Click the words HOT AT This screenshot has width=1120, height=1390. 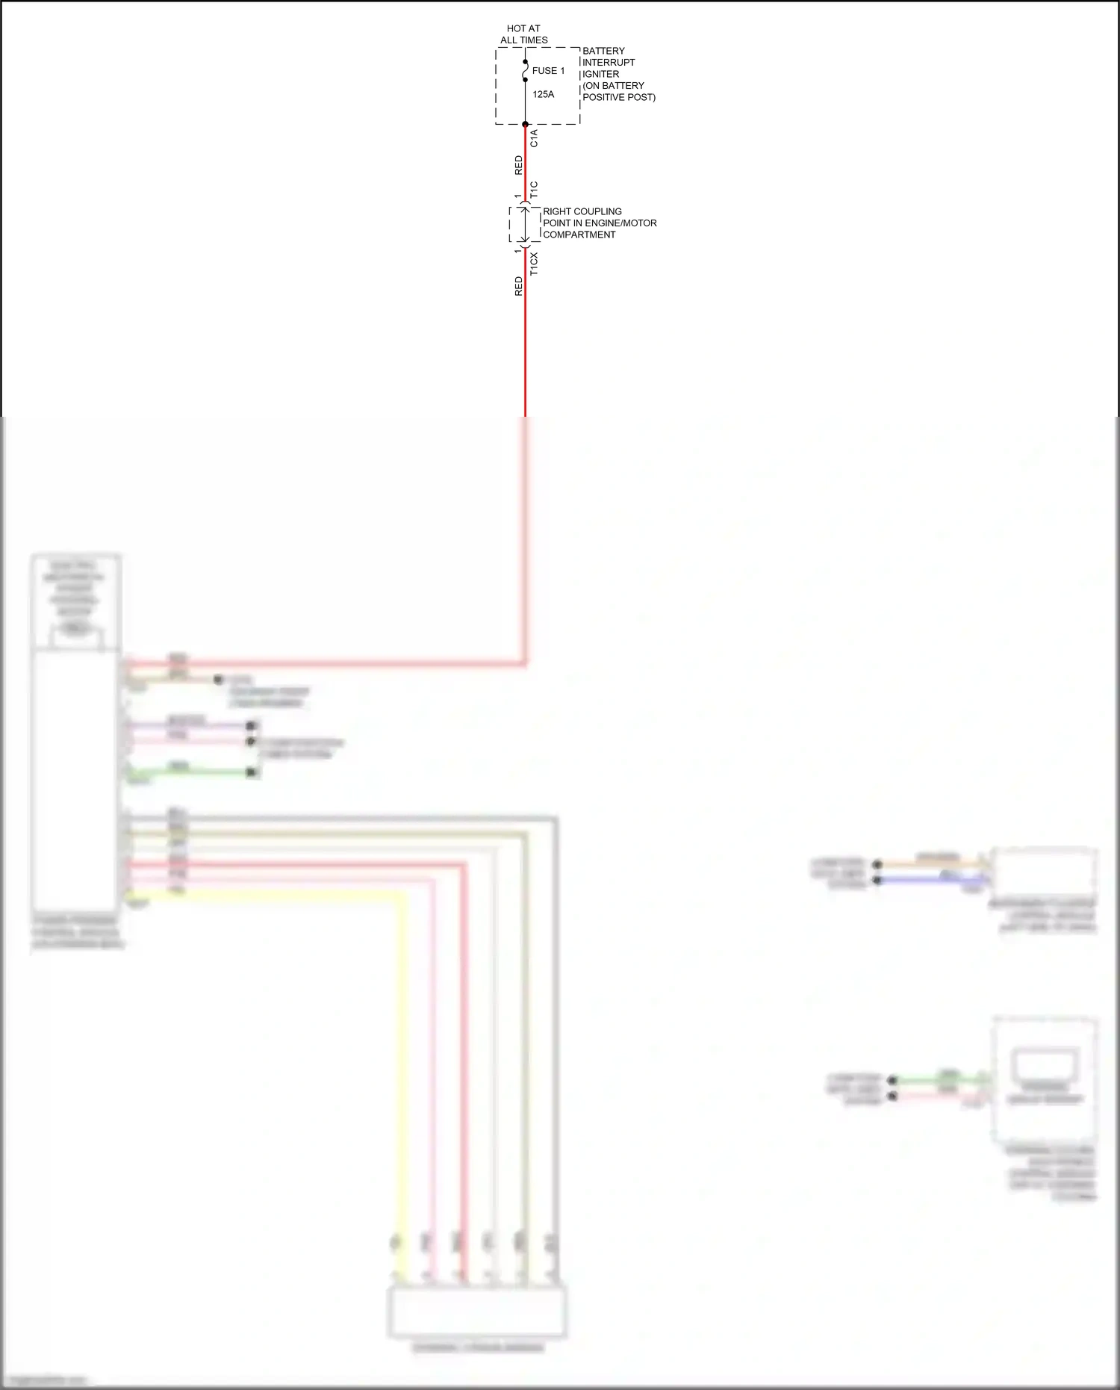coord(523,28)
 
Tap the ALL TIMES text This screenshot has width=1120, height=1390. coord(523,40)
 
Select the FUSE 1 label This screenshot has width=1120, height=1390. coord(548,71)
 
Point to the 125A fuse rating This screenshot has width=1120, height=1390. coord(543,94)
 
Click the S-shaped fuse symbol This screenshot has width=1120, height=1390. coord(526,71)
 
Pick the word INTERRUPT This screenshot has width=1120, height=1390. coord(609,63)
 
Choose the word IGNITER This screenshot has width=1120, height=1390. coord(600,74)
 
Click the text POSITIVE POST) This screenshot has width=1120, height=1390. coord(619,97)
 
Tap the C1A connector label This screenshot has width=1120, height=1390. coord(534,138)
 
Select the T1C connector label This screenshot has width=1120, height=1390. coord(534,190)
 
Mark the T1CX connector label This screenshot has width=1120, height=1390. coord(534,264)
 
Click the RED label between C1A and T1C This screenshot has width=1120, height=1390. coord(519,165)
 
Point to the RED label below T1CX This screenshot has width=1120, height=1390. coord(519,286)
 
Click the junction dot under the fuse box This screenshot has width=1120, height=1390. coord(526,124)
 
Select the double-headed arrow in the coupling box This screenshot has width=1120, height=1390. coord(526,224)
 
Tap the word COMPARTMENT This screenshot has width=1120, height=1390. coord(579,235)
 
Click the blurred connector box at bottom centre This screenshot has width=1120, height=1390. coord(476,1311)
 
